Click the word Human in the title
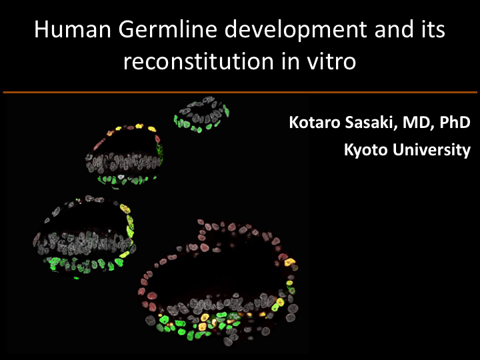point(73,29)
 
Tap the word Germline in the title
point(168,29)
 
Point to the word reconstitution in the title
point(199,61)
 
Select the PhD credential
point(455,122)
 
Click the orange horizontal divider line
point(240,92)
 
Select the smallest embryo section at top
point(201,115)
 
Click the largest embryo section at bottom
point(218,283)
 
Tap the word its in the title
point(433,29)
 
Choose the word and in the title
point(394,29)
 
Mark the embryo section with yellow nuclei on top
point(124,156)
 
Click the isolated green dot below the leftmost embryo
point(77,278)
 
